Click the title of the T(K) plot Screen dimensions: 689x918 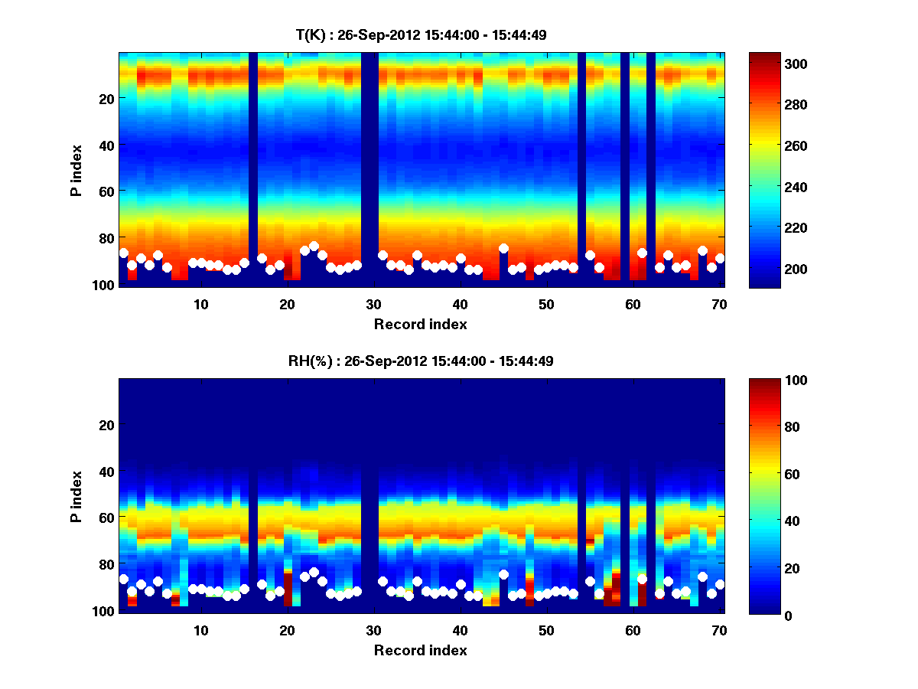[421, 35]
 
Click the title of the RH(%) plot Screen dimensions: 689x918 [421, 361]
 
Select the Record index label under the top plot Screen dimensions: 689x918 [421, 324]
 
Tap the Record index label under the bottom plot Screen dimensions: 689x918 [421, 650]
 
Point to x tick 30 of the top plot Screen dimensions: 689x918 [373, 304]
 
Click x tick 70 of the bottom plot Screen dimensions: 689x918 [719, 630]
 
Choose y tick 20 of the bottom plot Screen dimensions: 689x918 [107, 425]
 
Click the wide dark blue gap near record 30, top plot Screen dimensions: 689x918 [369, 168]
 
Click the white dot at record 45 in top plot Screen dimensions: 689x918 [503, 248]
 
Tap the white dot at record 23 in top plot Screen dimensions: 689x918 [314, 247]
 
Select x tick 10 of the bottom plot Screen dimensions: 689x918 [200, 630]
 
